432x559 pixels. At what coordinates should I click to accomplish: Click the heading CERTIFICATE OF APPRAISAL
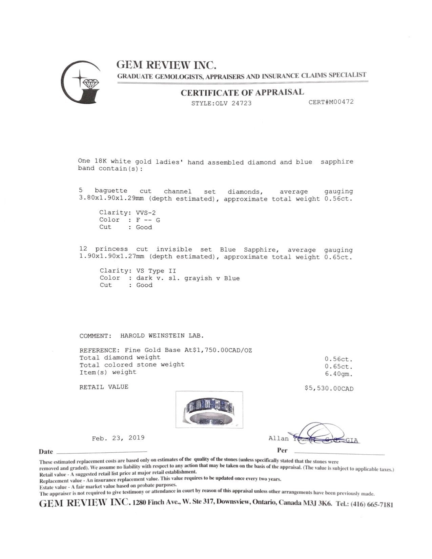(242, 92)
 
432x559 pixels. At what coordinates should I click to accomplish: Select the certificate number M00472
(339, 102)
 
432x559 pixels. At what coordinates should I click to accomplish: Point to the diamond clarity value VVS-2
(146, 213)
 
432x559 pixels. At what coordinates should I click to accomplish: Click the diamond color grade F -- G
(148, 220)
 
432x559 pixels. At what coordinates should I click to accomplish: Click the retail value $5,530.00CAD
(329, 388)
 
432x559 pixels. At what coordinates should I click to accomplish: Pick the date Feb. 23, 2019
(118, 438)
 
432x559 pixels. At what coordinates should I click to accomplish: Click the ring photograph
(209, 410)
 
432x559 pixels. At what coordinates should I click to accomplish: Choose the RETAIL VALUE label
(104, 387)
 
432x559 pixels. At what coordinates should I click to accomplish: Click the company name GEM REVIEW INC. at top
(166, 64)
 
